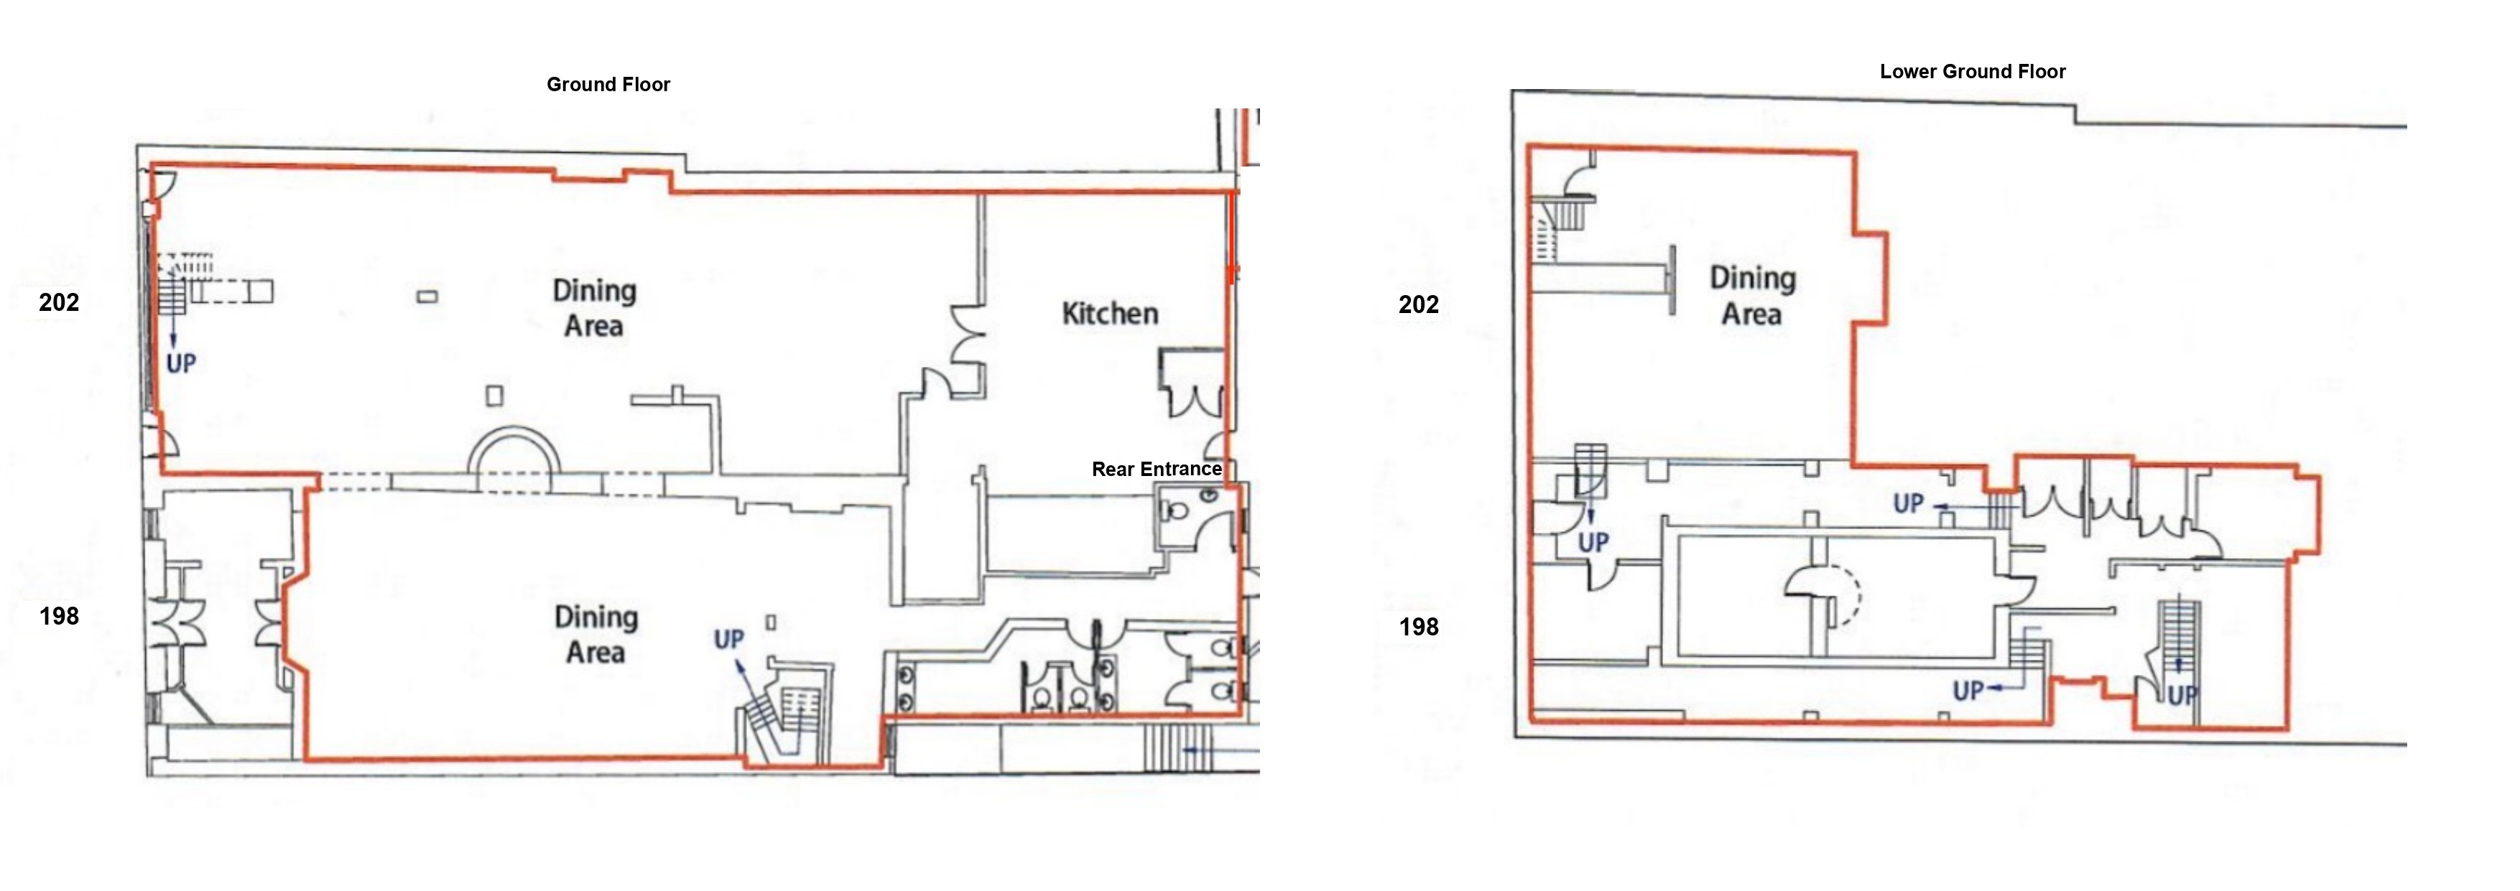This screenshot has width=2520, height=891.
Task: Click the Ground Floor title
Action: pos(608,84)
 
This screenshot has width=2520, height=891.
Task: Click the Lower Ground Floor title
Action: pos(1972,71)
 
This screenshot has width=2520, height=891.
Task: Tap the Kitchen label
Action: pos(1109,314)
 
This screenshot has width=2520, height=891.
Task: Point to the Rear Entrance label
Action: pos(1157,470)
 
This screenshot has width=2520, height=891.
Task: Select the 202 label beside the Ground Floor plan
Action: pos(59,302)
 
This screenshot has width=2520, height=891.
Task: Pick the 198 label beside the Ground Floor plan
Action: pos(59,616)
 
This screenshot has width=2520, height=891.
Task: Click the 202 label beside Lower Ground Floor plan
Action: pos(1419,304)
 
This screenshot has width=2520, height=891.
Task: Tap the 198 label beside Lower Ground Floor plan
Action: pos(1419,627)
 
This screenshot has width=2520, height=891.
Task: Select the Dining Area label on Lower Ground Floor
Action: pos(1752,295)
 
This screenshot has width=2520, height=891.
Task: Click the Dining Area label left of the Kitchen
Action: pos(594,307)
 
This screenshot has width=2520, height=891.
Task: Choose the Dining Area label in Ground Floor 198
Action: pos(596,634)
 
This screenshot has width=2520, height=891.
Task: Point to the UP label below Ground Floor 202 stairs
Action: pos(180,364)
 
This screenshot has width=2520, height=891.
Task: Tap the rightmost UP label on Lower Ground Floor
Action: pos(2182,696)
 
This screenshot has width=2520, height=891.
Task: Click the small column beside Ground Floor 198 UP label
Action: pos(771,622)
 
